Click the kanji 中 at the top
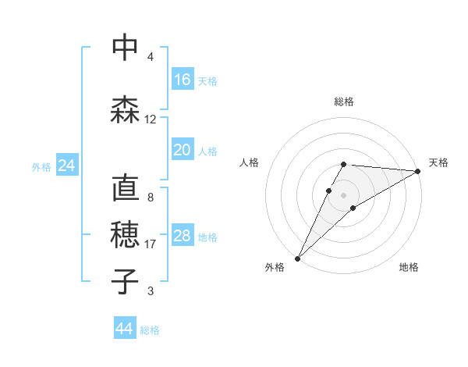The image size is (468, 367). (125, 48)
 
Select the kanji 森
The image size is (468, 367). (125, 109)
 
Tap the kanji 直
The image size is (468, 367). (125, 190)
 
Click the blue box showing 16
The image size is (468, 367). (183, 80)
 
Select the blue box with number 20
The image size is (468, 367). (183, 150)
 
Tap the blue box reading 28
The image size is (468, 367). (183, 237)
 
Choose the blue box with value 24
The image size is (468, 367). (66, 166)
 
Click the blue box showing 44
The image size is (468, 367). (125, 329)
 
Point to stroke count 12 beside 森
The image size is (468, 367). (151, 119)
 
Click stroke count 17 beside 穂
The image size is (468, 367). (151, 244)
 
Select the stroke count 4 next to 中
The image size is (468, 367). (151, 57)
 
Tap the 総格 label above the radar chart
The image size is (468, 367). (343, 102)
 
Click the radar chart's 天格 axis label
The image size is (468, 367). (438, 162)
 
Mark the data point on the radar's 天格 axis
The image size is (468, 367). (418, 171)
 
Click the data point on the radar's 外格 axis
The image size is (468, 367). (297, 258)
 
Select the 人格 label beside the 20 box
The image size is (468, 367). (207, 151)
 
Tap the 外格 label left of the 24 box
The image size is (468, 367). (41, 166)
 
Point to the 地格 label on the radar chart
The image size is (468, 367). (409, 267)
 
